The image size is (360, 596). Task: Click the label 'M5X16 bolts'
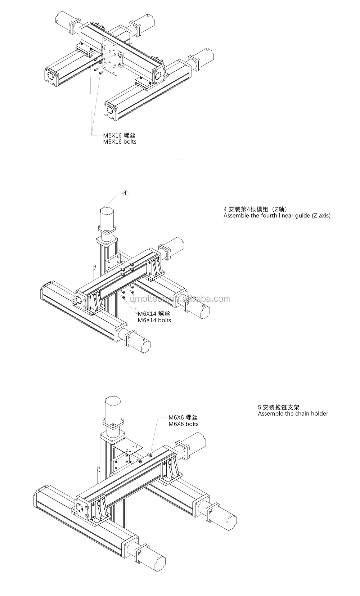coord(120,142)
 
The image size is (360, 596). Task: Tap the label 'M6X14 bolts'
coord(154,320)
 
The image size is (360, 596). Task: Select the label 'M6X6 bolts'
coord(184,424)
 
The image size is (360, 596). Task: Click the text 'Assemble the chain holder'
coord(293,413)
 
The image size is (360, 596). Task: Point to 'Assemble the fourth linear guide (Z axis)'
coord(277,216)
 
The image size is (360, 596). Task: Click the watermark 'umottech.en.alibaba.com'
coord(180,299)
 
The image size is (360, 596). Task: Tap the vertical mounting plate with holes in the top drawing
coord(110,56)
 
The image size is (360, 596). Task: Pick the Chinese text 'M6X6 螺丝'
coord(183,418)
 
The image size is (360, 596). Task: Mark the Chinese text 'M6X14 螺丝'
coord(154,314)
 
